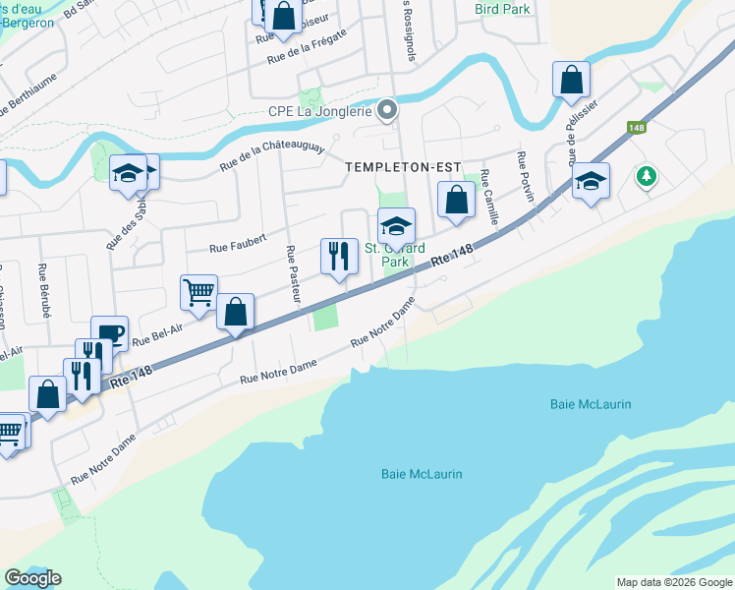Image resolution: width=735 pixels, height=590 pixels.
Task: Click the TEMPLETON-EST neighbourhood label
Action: pyautogui.click(x=403, y=167)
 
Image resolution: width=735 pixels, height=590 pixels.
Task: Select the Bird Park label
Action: pyautogui.click(x=502, y=9)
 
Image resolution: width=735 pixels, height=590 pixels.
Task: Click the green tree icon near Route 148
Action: pyautogui.click(x=647, y=175)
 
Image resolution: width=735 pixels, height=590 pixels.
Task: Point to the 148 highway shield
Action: pyautogui.click(x=636, y=128)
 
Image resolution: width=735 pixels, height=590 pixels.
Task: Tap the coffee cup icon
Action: pyautogui.click(x=109, y=331)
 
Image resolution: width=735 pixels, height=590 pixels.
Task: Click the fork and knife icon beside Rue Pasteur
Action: pyautogui.click(x=339, y=256)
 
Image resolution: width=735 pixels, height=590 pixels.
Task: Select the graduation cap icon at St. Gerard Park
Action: pyautogui.click(x=396, y=225)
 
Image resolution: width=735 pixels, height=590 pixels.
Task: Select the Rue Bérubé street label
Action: pyautogui.click(x=42, y=286)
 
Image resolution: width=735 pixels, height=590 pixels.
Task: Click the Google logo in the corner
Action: pyautogui.click(x=32, y=577)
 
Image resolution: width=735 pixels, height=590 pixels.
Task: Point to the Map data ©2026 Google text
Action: pyautogui.click(x=673, y=582)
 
